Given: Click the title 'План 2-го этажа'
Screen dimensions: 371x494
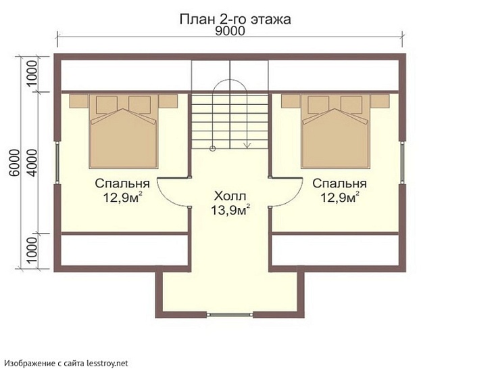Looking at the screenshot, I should [x=235, y=19].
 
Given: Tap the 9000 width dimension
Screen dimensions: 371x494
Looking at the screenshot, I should [x=230, y=31].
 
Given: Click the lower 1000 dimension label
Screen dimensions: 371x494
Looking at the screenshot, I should [x=32, y=251].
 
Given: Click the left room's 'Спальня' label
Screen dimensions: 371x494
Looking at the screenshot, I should [x=122, y=183].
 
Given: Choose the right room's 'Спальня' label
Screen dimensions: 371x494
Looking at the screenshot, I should [x=339, y=183].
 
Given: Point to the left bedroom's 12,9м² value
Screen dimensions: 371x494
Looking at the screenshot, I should [x=122, y=198].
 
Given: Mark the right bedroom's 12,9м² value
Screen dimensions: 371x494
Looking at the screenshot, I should [x=339, y=198].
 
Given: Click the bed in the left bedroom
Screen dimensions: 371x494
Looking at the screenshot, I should [x=124, y=135].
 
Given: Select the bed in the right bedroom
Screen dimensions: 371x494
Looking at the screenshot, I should [x=337, y=135].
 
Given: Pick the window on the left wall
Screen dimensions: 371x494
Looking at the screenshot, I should [x=59, y=163].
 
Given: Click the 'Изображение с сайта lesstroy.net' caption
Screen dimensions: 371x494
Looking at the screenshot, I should [x=65, y=364].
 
